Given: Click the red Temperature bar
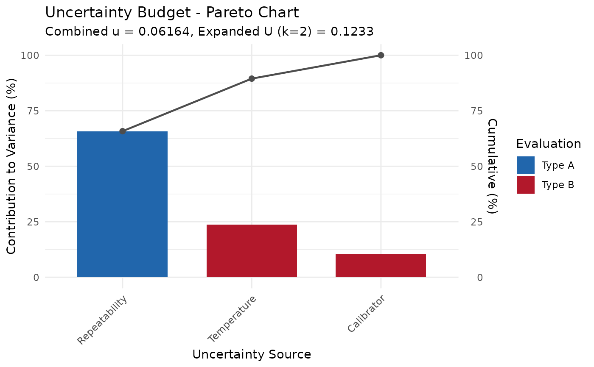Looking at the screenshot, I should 252,251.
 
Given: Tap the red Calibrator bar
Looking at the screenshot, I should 381,266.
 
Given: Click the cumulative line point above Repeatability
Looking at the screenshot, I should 123,131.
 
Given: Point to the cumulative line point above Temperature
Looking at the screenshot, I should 252,78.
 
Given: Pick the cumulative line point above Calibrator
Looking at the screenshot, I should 381,56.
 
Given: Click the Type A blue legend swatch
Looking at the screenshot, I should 525,165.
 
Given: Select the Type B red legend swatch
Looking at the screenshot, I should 525,185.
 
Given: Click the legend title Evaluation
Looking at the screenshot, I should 548,145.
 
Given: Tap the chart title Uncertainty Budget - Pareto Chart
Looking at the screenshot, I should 172,13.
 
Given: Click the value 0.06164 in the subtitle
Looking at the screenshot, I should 164,32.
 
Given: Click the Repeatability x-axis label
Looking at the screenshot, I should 102,320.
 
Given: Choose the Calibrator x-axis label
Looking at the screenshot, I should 366,314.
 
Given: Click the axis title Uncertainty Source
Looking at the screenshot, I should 252,354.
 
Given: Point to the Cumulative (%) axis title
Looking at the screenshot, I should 492,166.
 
